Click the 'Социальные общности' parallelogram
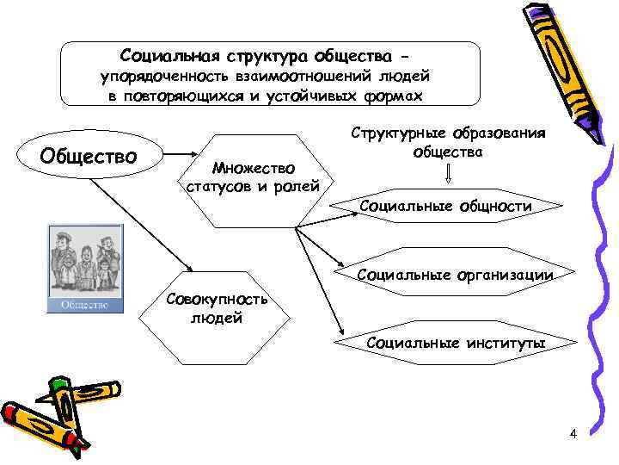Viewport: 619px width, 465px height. (x=444, y=207)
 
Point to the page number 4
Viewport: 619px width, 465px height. (x=573, y=433)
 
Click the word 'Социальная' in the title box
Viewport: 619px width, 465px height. (x=168, y=56)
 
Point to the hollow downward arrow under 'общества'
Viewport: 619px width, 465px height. (x=449, y=175)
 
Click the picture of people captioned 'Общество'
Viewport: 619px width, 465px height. (x=84, y=260)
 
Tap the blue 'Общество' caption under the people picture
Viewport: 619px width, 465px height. (x=84, y=304)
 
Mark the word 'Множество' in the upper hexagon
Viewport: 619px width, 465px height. (x=253, y=168)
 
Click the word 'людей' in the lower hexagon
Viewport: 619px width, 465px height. (x=215, y=319)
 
